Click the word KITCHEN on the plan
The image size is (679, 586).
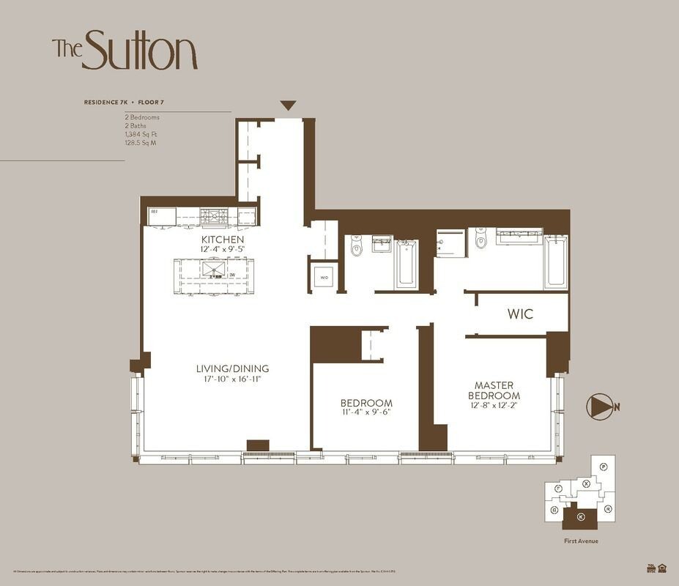[223, 240]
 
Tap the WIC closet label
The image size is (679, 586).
[520, 314]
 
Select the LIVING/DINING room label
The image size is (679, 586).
[232, 368]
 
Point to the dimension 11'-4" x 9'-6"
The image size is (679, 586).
[366, 412]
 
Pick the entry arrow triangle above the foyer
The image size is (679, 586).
[288, 105]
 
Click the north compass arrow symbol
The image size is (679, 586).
[600, 407]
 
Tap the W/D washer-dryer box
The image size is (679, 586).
[324, 276]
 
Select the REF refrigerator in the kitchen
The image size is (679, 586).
[162, 216]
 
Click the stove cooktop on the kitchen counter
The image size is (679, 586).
[214, 216]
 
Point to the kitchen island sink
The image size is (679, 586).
[213, 268]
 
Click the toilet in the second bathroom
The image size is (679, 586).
[357, 246]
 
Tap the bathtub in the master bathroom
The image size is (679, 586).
[556, 261]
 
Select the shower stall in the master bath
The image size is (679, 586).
[451, 243]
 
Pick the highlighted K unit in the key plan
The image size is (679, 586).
[580, 517]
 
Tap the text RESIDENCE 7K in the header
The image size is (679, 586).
[110, 103]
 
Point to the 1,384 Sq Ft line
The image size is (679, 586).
[141, 134]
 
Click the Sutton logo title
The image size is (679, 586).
[125, 50]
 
